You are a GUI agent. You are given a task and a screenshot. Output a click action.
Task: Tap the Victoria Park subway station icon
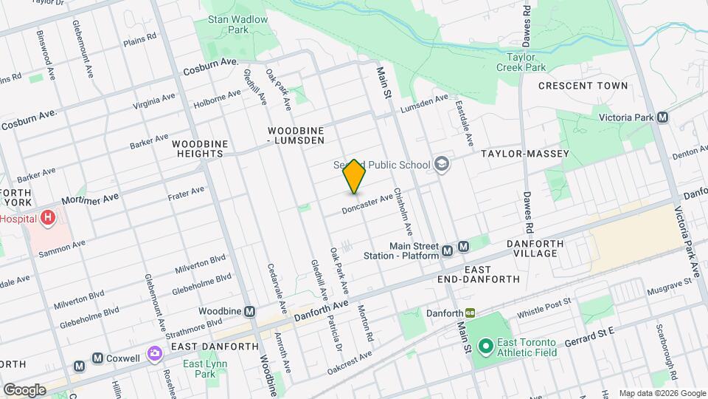coord(663,117)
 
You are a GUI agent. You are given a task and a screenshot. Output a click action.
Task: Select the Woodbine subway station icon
coord(250,312)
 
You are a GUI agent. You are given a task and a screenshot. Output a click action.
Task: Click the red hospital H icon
coord(48,217)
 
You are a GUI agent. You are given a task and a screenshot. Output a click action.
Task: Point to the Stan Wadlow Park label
coord(227,25)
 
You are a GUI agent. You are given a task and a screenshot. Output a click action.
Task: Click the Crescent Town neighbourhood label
coord(583,86)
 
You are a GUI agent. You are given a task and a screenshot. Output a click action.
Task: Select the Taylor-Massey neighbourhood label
coord(525,154)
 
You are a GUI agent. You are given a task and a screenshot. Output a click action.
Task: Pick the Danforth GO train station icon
coord(469,313)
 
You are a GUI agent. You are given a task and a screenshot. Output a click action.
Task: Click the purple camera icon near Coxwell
coord(154,355)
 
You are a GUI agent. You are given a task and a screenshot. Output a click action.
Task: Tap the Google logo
coord(24,389)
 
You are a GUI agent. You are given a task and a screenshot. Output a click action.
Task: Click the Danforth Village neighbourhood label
coord(535,248)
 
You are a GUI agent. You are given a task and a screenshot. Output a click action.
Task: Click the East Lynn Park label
coord(198,369)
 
